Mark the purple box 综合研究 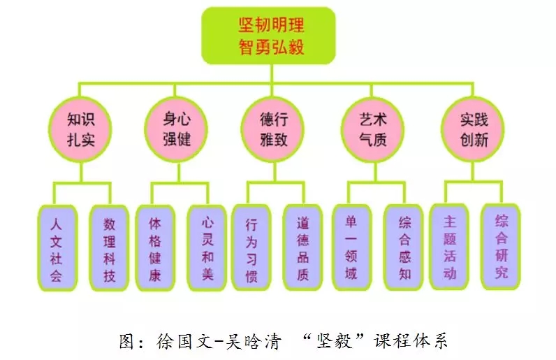pyautogui.click(x=501, y=247)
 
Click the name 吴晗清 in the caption pyautogui.click(x=258, y=342)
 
